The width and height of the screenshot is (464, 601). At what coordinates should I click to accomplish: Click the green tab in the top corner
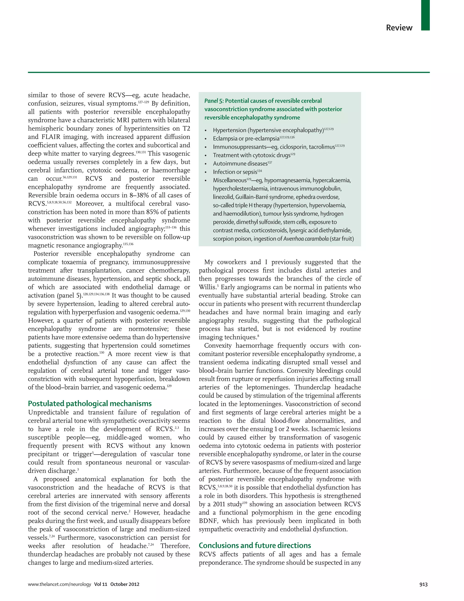pos(425,15)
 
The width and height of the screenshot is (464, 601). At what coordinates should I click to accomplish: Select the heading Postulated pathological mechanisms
pos(90,403)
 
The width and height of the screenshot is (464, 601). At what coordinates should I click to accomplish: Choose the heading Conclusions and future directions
pos(255,545)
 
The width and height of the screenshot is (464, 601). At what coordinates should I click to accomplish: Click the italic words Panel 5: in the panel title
pos(214,101)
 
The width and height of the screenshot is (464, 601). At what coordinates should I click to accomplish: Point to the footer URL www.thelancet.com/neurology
pos(59,584)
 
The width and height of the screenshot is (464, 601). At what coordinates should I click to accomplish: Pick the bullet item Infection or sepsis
pos(235,172)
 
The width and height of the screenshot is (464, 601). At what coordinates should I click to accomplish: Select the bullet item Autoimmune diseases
pos(240,164)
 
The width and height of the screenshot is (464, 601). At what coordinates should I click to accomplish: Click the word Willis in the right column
pos(208,287)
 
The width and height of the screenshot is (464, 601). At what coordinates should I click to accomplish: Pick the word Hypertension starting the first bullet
pos(230,130)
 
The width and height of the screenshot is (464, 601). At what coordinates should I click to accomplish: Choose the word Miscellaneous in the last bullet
pos(230,181)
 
